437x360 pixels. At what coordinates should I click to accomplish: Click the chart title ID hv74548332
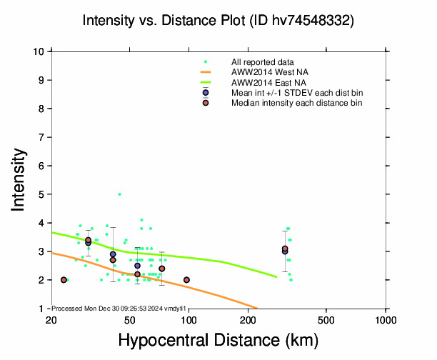[218, 21]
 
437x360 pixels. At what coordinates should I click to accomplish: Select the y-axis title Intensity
[19, 179]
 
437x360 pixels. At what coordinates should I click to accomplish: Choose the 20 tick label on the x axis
[50, 319]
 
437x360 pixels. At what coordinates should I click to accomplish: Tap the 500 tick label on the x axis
[326, 319]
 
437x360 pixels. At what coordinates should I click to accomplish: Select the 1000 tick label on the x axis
[386, 319]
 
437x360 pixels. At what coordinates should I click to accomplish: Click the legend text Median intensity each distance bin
[296, 103]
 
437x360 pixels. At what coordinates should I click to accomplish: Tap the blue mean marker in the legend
[206, 93]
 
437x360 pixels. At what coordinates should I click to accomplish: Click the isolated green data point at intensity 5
[119, 194]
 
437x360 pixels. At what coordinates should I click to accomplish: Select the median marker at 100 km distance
[186, 280]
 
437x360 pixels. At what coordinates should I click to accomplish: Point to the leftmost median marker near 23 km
[64, 280]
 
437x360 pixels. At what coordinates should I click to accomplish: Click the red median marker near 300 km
[285, 249]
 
